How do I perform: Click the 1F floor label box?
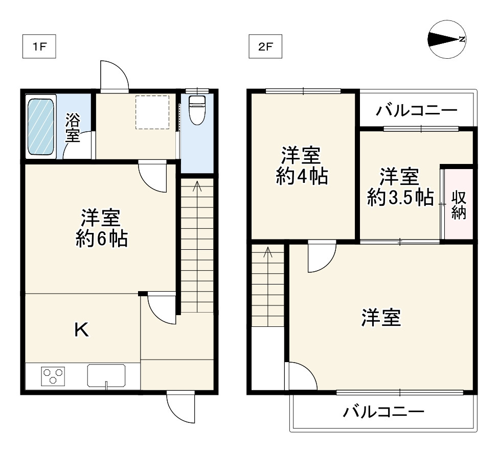39,47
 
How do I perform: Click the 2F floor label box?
265,47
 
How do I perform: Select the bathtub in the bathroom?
41,126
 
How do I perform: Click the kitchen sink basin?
106,376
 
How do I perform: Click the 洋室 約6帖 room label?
101,228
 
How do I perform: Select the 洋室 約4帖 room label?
302,165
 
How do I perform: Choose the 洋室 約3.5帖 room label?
401,187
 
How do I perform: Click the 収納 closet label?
459,204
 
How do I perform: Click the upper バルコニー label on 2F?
416,110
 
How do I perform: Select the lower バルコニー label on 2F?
383,412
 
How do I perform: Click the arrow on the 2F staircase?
268,252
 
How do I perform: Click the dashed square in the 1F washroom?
152,112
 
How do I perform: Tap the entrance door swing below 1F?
182,408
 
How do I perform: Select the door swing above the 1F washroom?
114,77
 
